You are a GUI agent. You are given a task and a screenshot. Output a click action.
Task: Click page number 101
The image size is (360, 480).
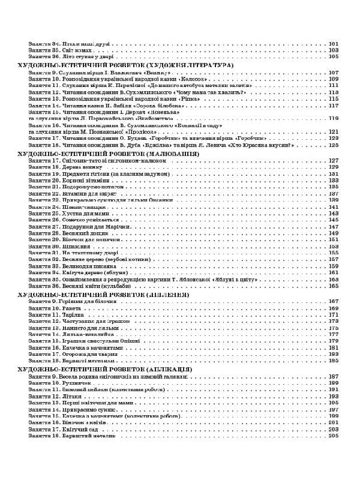coord(334,44)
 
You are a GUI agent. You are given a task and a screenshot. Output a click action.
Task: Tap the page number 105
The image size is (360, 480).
coord(334,56)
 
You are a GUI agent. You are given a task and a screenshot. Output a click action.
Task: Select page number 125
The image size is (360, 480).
coord(334,145)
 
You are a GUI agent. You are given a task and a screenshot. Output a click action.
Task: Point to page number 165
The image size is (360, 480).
coord(334,286)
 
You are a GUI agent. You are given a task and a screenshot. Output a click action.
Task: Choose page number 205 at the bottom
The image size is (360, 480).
coord(334,436)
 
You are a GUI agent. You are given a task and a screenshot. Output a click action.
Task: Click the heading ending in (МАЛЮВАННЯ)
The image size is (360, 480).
coord(108,153)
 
